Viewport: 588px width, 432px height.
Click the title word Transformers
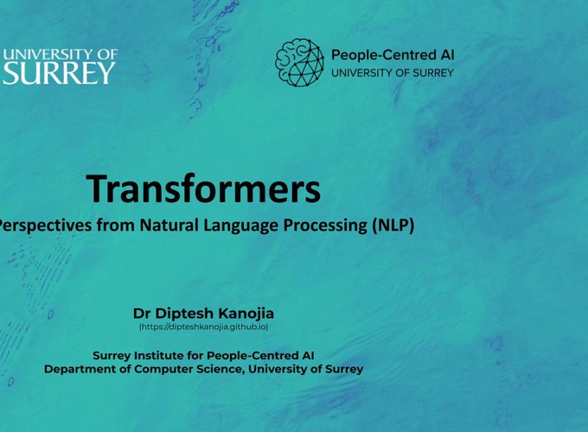pos(203,188)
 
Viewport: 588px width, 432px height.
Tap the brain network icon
pos(299,62)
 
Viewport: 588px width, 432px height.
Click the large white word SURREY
pos(59,73)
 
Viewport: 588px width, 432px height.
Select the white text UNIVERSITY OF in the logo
pos(61,54)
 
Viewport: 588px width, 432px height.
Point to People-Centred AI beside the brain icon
pos(393,55)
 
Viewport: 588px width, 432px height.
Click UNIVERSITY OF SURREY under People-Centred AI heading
pos(393,73)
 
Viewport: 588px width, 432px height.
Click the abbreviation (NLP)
pos(393,226)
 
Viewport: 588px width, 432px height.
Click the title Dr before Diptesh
pos(142,314)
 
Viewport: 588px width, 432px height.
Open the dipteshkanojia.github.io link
pos(203,327)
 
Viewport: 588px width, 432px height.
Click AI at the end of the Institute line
pos(308,355)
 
